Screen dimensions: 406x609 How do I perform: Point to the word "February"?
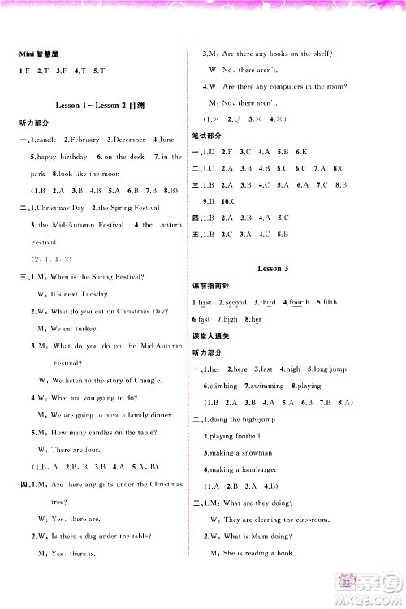[x=84, y=140]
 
